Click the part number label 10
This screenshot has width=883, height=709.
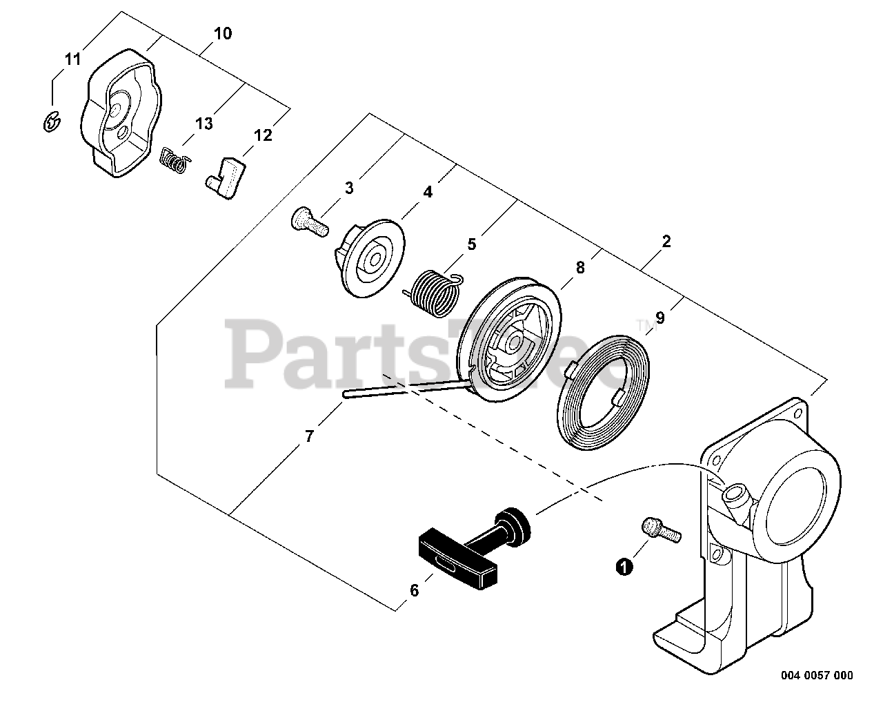(x=223, y=33)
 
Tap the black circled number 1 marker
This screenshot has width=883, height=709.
(x=624, y=567)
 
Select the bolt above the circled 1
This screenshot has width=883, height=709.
(x=660, y=530)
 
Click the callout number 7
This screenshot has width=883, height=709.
(x=310, y=436)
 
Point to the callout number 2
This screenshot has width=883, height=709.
(x=666, y=242)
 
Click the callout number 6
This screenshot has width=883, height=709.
(x=414, y=591)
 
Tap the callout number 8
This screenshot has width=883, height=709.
(x=580, y=268)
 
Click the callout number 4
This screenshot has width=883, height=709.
(x=428, y=193)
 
